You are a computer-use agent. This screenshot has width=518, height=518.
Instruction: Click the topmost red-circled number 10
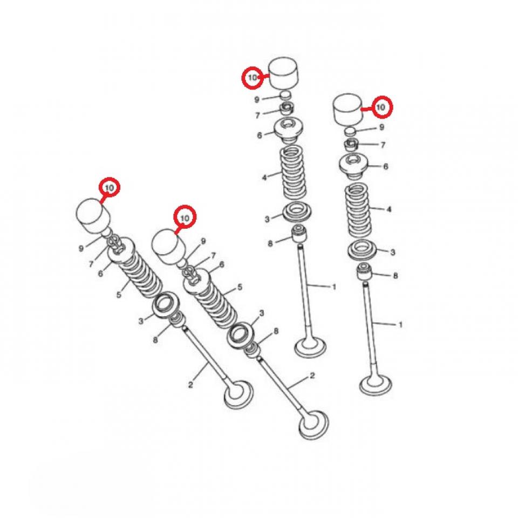point(252,78)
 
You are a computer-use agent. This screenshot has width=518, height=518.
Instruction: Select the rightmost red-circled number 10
point(381,107)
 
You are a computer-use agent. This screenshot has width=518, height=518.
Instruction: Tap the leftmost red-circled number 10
point(110,187)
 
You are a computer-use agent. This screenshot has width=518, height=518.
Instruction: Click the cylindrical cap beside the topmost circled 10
point(284,73)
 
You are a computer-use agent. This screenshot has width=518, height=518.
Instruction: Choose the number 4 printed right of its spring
point(388,209)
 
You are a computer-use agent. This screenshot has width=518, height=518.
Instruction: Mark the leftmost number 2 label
point(190,384)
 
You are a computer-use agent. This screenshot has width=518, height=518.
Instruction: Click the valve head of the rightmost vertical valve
point(374,385)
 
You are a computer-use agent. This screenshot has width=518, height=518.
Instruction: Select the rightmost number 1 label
point(400,324)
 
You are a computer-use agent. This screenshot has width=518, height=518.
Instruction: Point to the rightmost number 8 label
point(396,275)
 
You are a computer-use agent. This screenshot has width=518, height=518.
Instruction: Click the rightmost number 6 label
point(386,167)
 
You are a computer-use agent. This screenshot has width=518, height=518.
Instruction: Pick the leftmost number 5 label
point(118,294)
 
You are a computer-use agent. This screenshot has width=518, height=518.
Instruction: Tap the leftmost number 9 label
point(81,248)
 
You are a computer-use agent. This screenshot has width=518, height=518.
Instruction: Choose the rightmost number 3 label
point(392,252)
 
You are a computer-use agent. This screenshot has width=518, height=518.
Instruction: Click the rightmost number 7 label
point(383,145)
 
